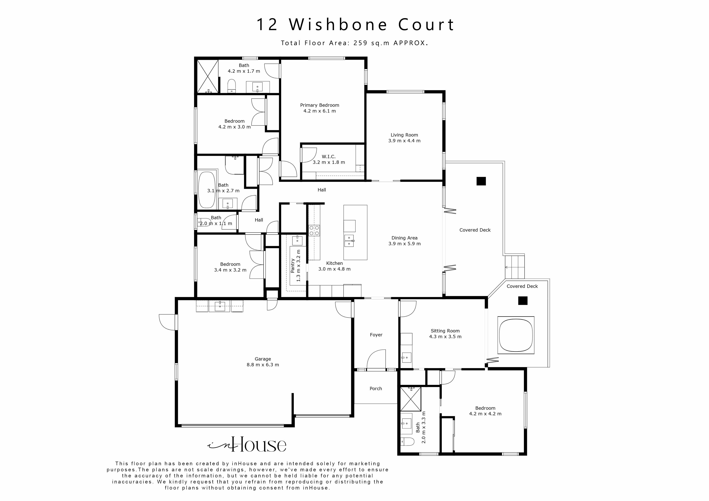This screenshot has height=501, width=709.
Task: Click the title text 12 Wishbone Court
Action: pyautogui.click(x=355, y=25)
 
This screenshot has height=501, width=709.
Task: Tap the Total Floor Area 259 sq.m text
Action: pyautogui.click(x=354, y=43)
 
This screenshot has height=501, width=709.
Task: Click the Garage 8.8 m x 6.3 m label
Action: pyautogui.click(x=263, y=362)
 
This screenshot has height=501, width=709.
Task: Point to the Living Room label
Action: pyautogui.click(x=404, y=138)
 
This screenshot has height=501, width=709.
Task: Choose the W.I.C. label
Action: pyautogui.click(x=329, y=159)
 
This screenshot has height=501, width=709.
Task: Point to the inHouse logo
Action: pyautogui.click(x=247, y=444)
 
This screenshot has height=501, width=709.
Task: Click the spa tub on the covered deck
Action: pyautogui.click(x=516, y=335)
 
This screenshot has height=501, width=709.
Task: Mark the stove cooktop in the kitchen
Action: pyautogui.click(x=314, y=231)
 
